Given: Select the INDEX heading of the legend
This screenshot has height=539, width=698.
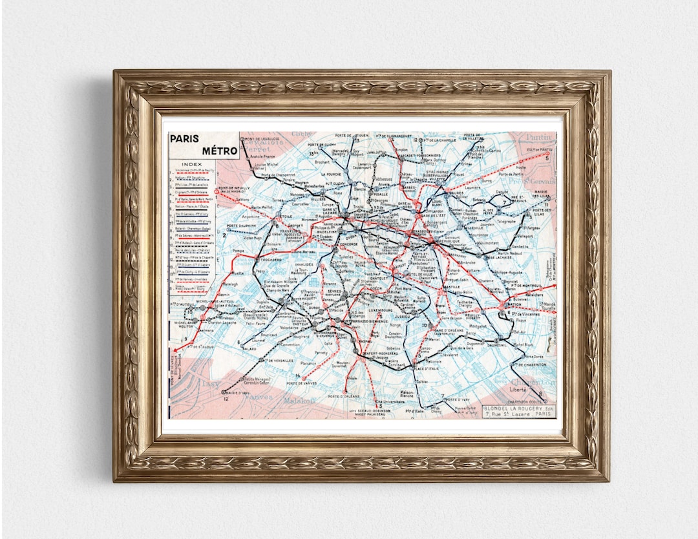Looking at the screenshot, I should point(191,164).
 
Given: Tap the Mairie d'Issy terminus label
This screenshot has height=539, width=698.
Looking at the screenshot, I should point(237,393).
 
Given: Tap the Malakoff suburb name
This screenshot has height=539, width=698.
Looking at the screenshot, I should point(299,401).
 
